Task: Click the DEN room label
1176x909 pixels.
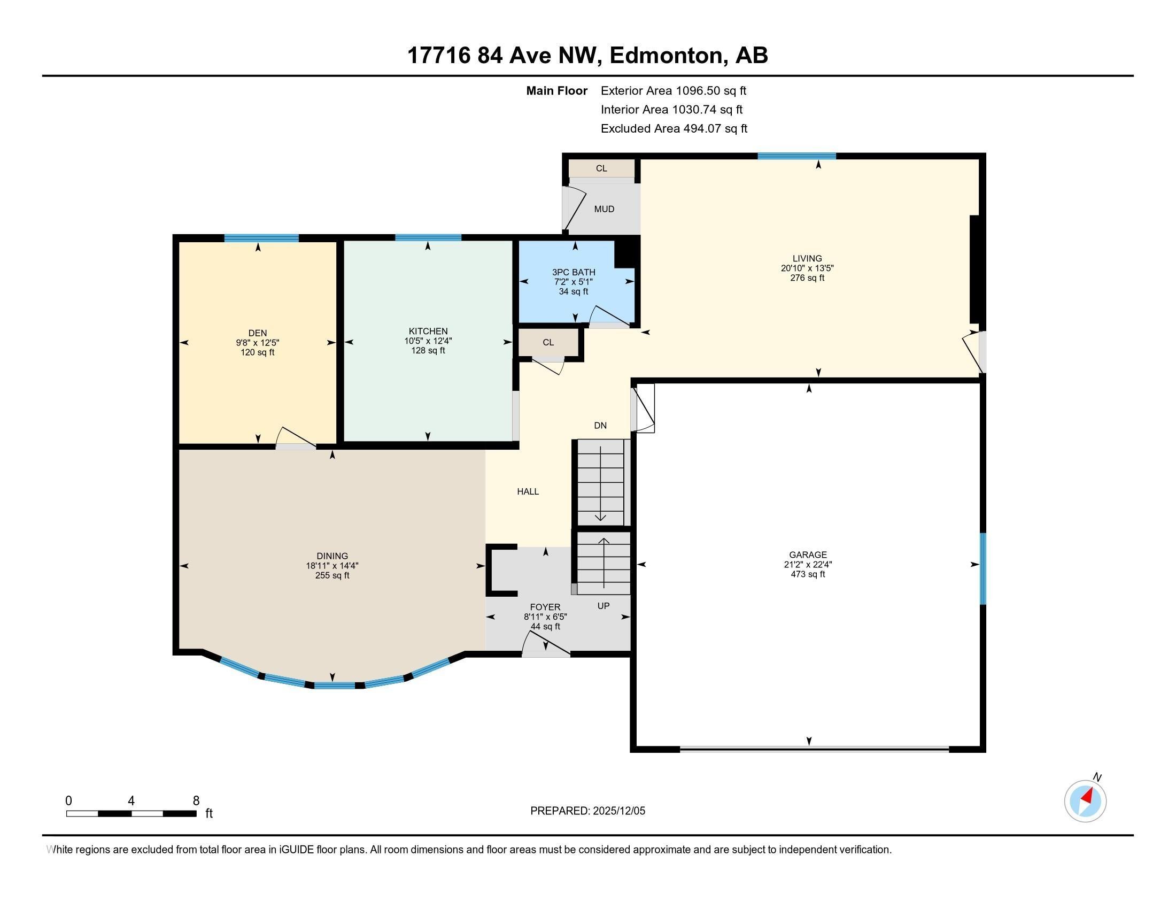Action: pos(258,333)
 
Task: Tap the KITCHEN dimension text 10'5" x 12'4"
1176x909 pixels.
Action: pos(428,341)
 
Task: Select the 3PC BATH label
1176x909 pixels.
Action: pos(574,273)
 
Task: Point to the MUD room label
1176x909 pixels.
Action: pos(604,209)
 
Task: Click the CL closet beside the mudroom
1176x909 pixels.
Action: pos(601,168)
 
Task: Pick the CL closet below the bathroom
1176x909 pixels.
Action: pos(548,343)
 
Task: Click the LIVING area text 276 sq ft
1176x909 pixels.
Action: pos(807,278)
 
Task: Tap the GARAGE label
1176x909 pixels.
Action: pos(808,554)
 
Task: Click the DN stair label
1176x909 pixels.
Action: pos(600,426)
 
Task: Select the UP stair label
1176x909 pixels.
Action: pos(603,606)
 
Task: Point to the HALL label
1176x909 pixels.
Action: pos(528,491)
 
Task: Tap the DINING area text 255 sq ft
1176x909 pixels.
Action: pos(332,575)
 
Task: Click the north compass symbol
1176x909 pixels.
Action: pos(1085,801)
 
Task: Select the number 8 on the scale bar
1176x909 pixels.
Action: pos(196,801)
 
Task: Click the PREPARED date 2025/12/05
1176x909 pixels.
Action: pos(618,811)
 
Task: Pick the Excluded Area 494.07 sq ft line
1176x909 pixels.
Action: pos(674,129)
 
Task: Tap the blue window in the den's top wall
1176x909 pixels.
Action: pos(261,238)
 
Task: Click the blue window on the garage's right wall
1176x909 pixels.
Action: pos(982,569)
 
